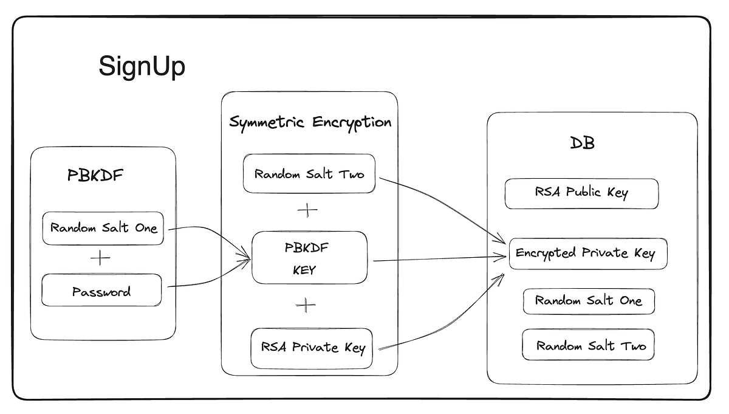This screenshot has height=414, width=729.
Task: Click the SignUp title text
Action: click(x=142, y=66)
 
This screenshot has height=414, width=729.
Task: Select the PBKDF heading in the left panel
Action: click(x=95, y=176)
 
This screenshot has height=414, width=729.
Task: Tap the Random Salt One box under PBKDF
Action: click(x=103, y=229)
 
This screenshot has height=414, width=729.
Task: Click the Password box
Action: click(x=101, y=292)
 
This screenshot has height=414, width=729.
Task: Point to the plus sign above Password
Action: click(x=100, y=258)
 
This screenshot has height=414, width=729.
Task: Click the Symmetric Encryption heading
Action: click(x=310, y=122)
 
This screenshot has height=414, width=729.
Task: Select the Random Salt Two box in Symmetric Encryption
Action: click(x=309, y=174)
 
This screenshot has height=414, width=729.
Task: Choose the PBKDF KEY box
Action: click(x=309, y=258)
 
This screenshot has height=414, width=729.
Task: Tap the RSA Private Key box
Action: click(x=312, y=348)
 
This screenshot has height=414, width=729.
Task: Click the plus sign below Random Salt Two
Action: click(x=307, y=211)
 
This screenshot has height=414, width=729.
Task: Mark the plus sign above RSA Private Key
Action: click(x=306, y=305)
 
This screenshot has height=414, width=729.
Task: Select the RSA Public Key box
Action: click(x=581, y=193)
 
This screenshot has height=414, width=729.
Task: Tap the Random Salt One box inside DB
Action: click(x=588, y=301)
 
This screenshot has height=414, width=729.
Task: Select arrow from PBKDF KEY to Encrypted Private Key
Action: click(x=437, y=260)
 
